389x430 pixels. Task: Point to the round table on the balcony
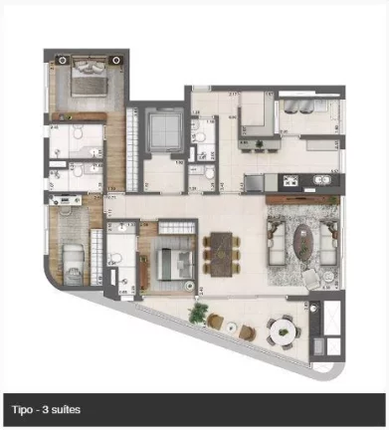pyautogui.click(x=284, y=327)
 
